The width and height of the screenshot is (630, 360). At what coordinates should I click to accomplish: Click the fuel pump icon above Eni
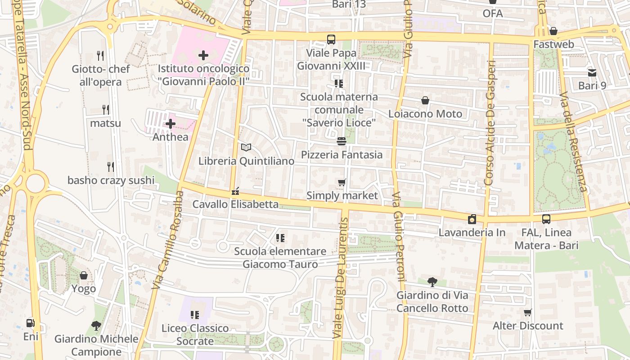tap(30, 323)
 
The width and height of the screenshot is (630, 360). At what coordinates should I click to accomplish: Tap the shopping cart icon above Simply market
tap(342, 182)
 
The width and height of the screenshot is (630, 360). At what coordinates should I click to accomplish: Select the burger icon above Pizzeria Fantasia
tap(342, 141)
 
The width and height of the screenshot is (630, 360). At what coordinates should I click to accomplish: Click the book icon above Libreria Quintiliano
tap(246, 147)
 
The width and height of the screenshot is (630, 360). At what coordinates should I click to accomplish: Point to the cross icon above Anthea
tap(171, 123)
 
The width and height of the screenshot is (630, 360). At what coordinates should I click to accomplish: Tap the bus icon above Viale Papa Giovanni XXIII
tap(331, 40)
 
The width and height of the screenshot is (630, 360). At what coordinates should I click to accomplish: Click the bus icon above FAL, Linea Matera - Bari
tap(546, 219)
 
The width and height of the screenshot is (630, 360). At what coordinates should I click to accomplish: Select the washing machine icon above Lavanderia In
tap(472, 219)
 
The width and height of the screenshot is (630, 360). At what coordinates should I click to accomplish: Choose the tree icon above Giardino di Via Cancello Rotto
tap(432, 282)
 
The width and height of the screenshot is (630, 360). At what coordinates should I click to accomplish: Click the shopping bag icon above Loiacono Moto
tap(425, 100)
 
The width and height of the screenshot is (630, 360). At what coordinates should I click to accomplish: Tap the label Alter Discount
tap(528, 326)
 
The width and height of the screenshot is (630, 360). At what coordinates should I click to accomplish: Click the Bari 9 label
tap(592, 85)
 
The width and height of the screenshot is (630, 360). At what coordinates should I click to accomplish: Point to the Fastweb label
tap(553, 45)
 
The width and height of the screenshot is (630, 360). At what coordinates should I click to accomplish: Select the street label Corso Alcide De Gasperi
tap(490, 122)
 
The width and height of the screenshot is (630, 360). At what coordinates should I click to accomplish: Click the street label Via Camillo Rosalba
tap(167, 240)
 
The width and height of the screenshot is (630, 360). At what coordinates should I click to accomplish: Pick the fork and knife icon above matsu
tap(106, 109)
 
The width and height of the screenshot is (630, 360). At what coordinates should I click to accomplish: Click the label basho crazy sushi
tap(111, 180)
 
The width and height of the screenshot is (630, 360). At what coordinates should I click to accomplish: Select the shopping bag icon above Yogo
tap(84, 275)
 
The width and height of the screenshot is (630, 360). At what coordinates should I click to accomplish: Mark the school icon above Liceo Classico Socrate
tap(195, 315)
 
